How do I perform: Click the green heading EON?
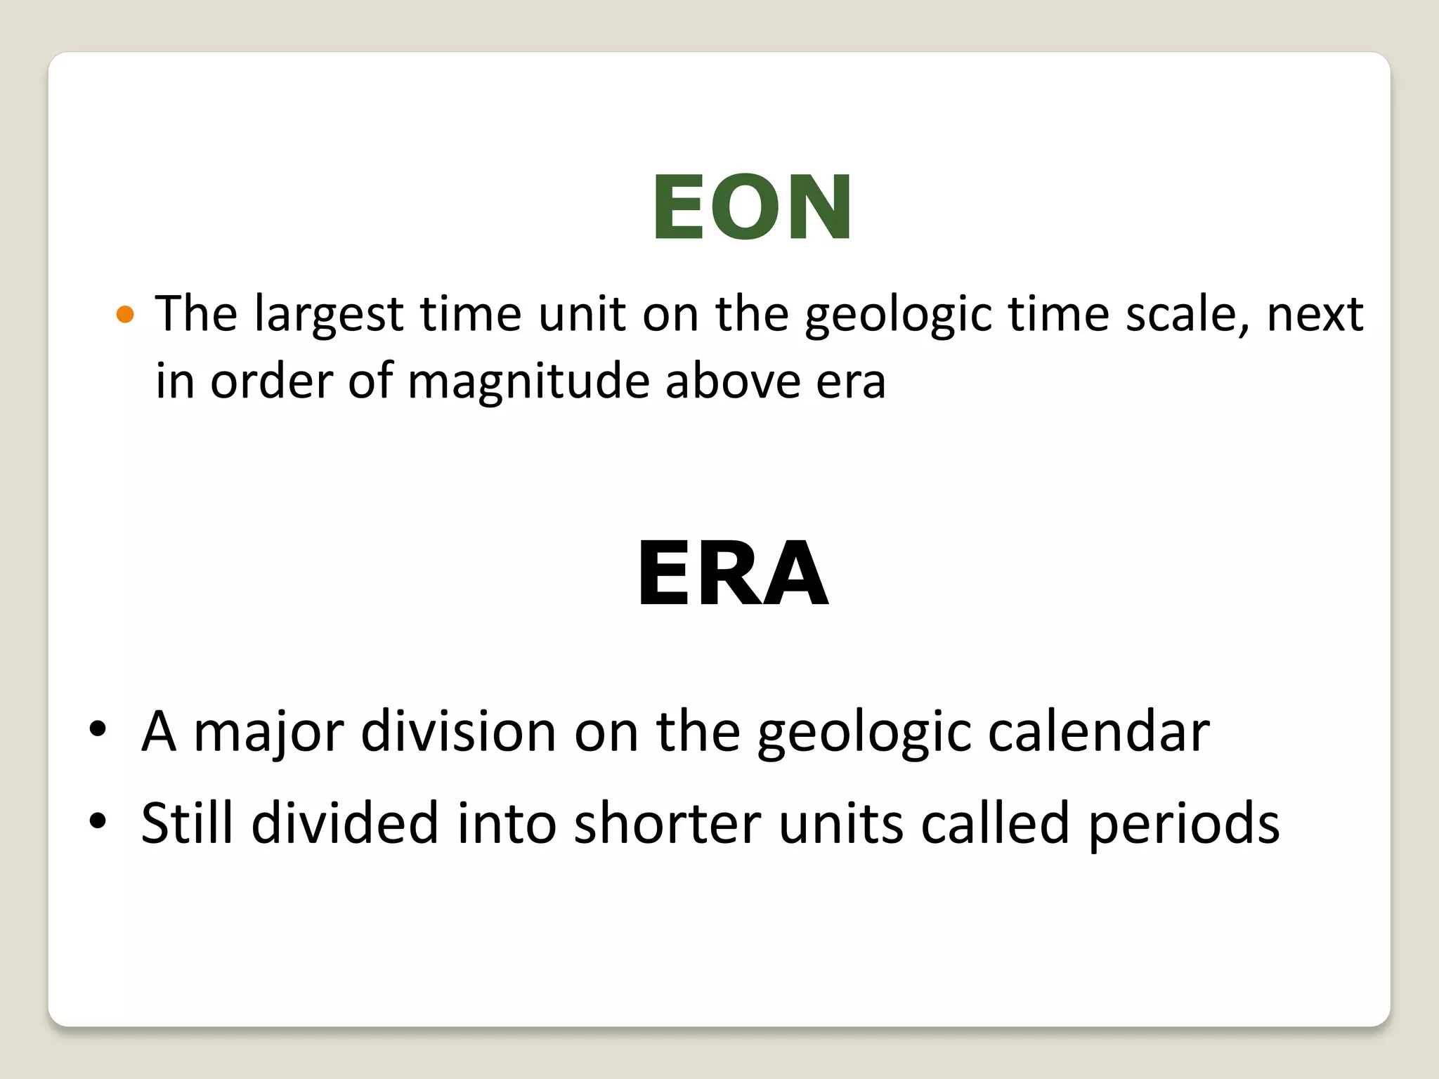coord(752,207)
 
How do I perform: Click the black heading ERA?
coord(733,573)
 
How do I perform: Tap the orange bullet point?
coord(125,314)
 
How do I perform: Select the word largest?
coord(329,314)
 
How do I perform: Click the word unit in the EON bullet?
coord(582,314)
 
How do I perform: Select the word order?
coord(271,381)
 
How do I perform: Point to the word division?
coord(459,731)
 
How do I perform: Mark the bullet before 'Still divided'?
coord(98,820)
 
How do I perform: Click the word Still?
coord(187,822)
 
